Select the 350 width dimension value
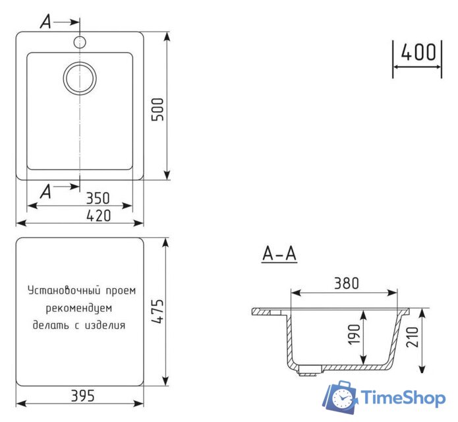pyautogui.click(x=98, y=198)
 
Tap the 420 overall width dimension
pyautogui.click(x=98, y=216)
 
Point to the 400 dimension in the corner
pyautogui.click(x=418, y=53)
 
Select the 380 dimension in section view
pyautogui.click(x=345, y=283)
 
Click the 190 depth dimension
pyautogui.click(x=354, y=336)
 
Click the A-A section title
pyautogui.click(x=279, y=253)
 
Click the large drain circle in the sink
pyautogui.click(x=80, y=78)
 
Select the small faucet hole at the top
pyautogui.click(x=80, y=43)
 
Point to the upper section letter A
pyautogui.click(x=45, y=22)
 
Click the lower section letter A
pyautogui.click(x=45, y=191)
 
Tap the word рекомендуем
pyautogui.click(x=79, y=308)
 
